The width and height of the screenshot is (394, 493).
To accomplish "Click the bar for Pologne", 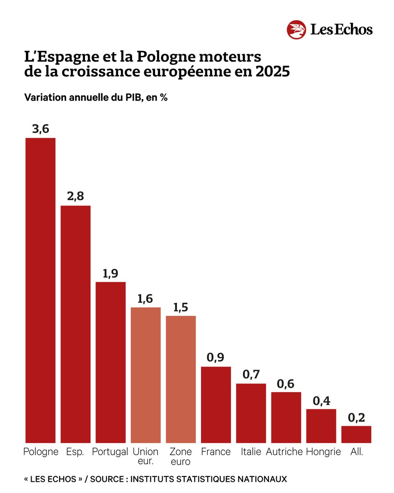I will click(40, 290).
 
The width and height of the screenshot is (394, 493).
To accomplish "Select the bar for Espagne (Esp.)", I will click(76, 324).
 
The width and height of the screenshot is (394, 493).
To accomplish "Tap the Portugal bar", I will click(110, 362).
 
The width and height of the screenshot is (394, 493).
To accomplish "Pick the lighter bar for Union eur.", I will click(146, 375).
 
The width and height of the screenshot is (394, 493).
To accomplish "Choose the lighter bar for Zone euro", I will click(181, 379).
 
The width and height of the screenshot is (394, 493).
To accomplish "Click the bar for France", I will click(216, 404).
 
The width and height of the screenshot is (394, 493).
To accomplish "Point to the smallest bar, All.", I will click(356, 434).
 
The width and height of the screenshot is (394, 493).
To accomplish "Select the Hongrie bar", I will click(321, 426).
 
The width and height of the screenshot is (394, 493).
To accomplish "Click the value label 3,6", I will click(40, 129).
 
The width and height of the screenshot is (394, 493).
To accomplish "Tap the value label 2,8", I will click(76, 196).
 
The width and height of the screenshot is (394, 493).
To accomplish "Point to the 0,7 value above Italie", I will click(251, 374).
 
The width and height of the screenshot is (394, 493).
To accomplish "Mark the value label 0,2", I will click(356, 417).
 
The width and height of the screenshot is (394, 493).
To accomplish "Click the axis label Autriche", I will click(284, 452).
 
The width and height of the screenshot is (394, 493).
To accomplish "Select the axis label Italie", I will click(251, 452).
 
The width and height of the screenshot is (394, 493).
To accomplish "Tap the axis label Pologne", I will click(41, 452).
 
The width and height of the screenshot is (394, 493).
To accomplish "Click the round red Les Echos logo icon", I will click(297, 30).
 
